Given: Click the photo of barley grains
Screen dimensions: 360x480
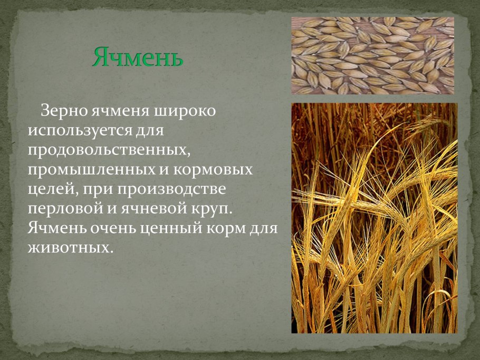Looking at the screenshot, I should [372, 55].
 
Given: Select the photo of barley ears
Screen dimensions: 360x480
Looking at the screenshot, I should [374, 218].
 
